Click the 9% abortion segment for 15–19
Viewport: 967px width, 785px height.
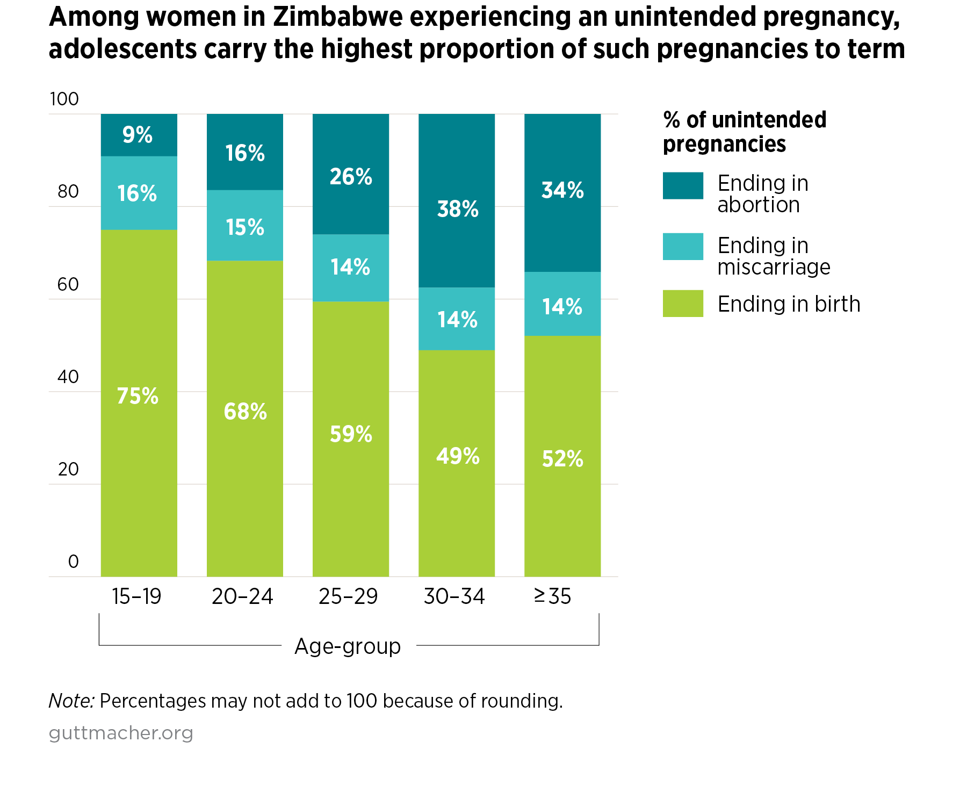tap(139, 135)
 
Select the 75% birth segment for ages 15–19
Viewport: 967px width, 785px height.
tap(139, 403)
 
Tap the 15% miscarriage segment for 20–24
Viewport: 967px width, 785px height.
tap(245, 226)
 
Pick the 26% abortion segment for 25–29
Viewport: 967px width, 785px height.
tap(351, 174)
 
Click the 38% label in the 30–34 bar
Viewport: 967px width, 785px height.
tap(457, 209)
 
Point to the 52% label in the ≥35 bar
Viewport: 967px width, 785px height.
tap(562, 459)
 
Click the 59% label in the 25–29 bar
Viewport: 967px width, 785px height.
tap(351, 434)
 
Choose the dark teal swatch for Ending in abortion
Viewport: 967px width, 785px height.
tap(683, 186)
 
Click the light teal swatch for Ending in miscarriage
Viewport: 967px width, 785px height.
tap(683, 247)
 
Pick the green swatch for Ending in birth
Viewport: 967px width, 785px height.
tap(683, 304)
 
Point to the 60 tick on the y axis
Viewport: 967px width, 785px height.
tap(68, 284)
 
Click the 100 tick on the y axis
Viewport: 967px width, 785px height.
tap(64, 99)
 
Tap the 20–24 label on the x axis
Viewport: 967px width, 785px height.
tap(242, 596)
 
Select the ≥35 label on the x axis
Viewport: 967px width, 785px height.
tap(553, 596)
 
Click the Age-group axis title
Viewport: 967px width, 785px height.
tap(348, 646)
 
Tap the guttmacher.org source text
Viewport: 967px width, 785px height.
tap(121, 733)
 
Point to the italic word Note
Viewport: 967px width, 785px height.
tap(71, 701)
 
